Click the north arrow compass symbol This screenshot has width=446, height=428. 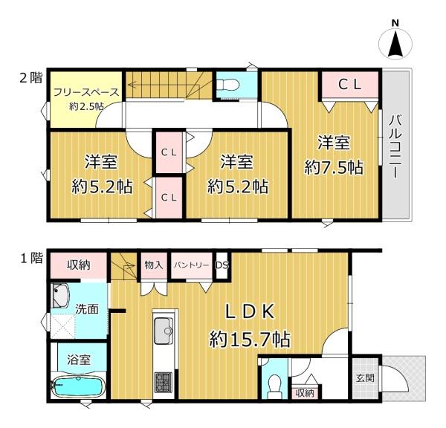click(395, 42)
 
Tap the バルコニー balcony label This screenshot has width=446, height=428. click(395, 146)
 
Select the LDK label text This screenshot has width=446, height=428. click(250, 311)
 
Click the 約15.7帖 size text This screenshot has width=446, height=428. click(250, 339)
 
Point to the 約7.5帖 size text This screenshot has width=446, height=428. click(334, 167)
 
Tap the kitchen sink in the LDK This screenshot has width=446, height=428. click(164, 331)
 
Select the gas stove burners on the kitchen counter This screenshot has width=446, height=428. click(164, 381)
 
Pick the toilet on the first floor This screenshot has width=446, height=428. click(275, 386)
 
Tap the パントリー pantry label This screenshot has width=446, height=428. click(192, 265)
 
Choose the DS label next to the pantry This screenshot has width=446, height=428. click(222, 265)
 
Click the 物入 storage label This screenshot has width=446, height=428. click(154, 265)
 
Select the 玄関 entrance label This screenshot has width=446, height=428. click(365, 378)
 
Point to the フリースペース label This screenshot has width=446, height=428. click(86, 92)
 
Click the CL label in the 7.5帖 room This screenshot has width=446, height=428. click(350, 85)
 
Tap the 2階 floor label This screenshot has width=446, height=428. click(30, 77)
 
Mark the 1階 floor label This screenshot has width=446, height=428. click(31, 259)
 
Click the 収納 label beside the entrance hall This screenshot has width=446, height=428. click(306, 393)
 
